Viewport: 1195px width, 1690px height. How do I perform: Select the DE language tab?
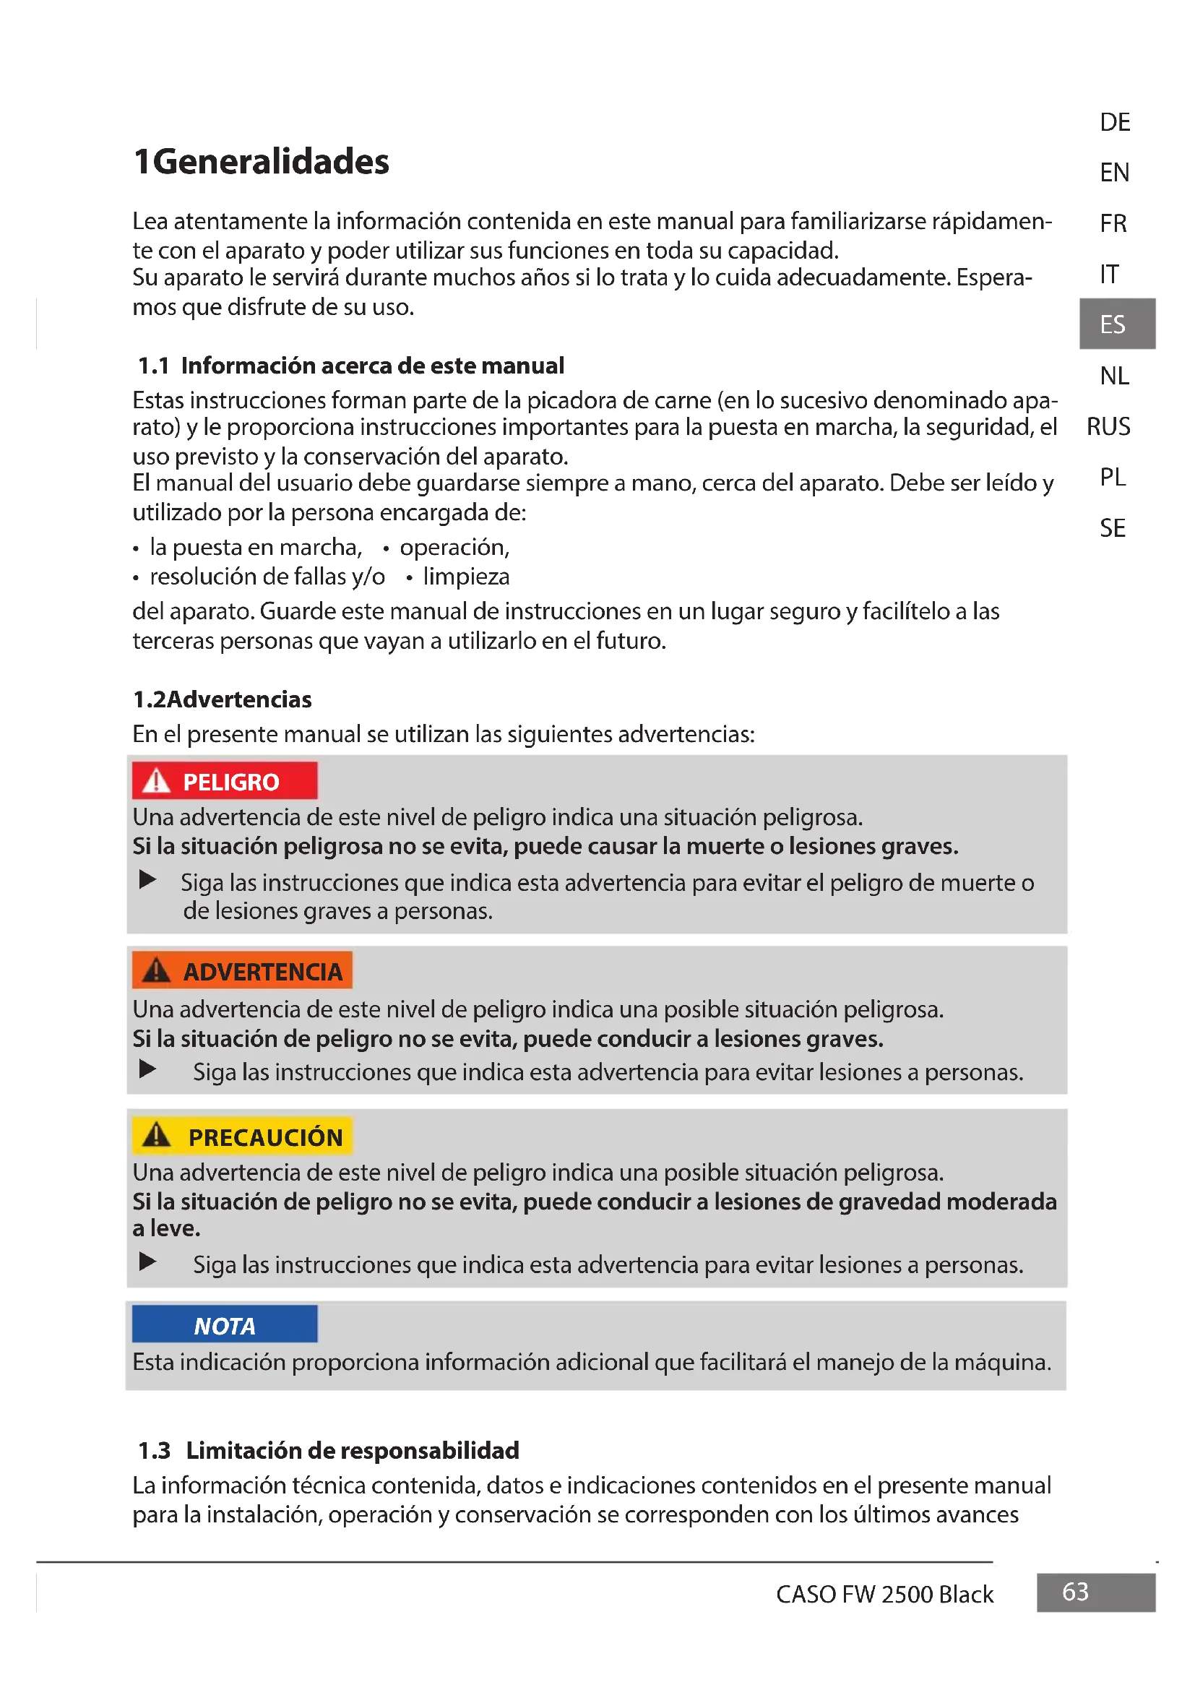1114,122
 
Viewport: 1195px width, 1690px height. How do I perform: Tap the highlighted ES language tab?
1116,324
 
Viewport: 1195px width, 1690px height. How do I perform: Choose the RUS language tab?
1108,426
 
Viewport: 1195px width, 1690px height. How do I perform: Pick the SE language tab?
1112,527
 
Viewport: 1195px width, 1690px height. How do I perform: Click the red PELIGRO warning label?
225,781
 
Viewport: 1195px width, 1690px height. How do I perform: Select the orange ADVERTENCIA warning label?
242,971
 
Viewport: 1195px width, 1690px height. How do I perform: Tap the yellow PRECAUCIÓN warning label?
242,1137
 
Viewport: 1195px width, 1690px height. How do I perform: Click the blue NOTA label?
225,1326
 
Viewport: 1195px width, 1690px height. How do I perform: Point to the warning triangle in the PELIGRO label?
156,781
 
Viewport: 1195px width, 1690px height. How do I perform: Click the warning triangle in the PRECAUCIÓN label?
156,1136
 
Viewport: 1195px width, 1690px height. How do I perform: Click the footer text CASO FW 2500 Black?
884,1595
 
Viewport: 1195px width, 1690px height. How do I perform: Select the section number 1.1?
153,366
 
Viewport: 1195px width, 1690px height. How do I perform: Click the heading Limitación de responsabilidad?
353,1450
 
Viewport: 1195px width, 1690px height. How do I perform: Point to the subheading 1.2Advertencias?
223,699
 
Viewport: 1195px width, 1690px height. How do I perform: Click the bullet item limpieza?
466,577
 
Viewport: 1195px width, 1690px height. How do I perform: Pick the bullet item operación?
454,548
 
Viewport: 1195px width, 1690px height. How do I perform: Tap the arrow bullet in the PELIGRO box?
148,879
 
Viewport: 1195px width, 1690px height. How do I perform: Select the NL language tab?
1113,376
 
